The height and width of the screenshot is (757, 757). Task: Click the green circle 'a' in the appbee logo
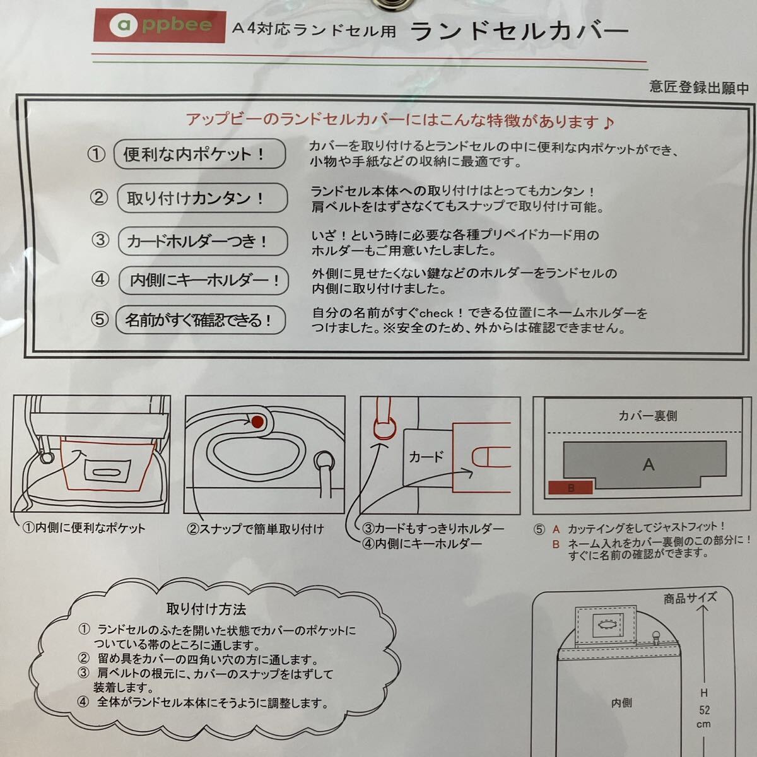(120, 25)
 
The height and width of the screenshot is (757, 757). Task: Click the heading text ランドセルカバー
(519, 31)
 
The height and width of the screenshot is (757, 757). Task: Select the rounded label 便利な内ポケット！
(199, 154)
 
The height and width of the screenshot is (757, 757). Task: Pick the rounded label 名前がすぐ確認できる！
(201, 320)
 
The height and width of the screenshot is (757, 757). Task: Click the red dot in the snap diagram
(258, 420)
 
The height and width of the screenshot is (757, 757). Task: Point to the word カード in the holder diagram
(426, 457)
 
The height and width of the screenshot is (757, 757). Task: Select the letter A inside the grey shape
(648, 465)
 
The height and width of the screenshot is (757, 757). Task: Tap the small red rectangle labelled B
(571, 488)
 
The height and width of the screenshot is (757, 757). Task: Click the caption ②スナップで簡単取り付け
(255, 529)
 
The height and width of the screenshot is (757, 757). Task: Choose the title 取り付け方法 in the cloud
(206, 609)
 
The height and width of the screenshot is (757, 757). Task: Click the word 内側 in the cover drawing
(621, 703)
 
